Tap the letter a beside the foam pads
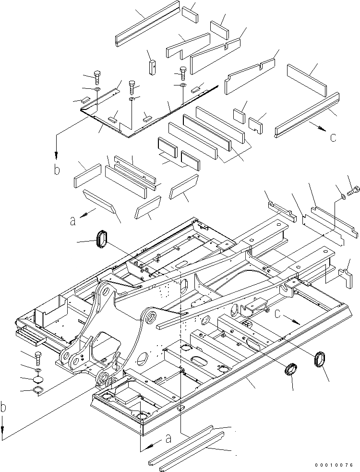coord(72,221)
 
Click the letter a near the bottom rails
coord(168,438)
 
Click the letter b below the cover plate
coord(57,170)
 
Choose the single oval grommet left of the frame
coord(102,239)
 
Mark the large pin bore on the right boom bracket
coord(150,317)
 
